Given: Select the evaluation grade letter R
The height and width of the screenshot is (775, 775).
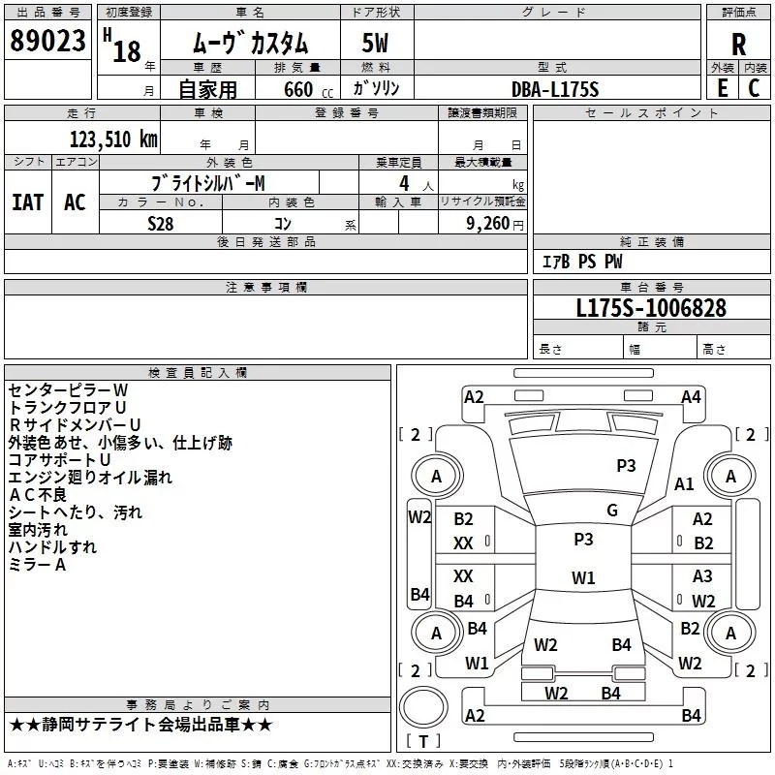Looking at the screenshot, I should coord(738,44).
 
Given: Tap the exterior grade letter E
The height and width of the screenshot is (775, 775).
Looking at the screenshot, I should coord(722,87).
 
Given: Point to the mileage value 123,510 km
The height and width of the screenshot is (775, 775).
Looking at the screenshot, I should coord(112,139).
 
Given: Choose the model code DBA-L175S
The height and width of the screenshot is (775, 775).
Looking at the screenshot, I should coord(555,89).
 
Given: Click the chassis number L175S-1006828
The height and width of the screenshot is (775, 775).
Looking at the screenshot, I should coord(650,309).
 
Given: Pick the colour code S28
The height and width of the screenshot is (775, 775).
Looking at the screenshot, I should coord(162,224).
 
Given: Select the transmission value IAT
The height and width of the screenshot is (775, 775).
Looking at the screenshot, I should coord(27,202).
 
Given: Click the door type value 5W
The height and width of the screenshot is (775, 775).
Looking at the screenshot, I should coord(375,44).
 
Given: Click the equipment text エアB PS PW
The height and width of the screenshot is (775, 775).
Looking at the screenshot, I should coord(581,263).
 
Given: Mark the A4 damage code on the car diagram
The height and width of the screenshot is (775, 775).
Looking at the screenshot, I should coord(691,396).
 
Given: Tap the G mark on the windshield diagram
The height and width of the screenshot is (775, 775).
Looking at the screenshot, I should coord(612,511).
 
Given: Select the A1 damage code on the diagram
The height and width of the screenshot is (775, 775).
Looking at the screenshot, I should coord(684,484).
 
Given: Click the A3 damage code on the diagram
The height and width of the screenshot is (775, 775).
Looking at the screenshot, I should coord(702,576).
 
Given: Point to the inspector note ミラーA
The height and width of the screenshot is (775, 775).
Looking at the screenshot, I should coord(37,565).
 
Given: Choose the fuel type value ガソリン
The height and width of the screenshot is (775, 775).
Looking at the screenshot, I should coord(376,88).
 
